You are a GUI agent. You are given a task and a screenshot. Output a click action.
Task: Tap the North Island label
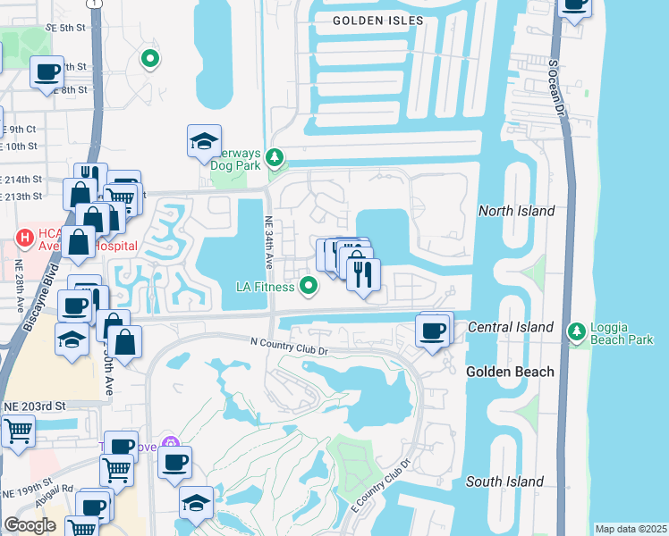[x=517, y=211]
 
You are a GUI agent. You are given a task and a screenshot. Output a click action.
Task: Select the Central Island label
[x=510, y=328]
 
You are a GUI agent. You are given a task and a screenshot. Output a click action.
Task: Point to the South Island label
[x=504, y=482]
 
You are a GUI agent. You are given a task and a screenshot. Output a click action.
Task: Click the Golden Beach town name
[x=510, y=372]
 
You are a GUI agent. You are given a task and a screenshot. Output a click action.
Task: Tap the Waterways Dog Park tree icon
[x=275, y=159]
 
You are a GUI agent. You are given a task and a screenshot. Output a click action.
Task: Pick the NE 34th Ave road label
[x=268, y=242]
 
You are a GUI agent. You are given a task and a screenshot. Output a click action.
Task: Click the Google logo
[x=30, y=525]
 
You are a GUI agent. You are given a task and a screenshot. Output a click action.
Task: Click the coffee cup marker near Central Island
[x=434, y=331]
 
